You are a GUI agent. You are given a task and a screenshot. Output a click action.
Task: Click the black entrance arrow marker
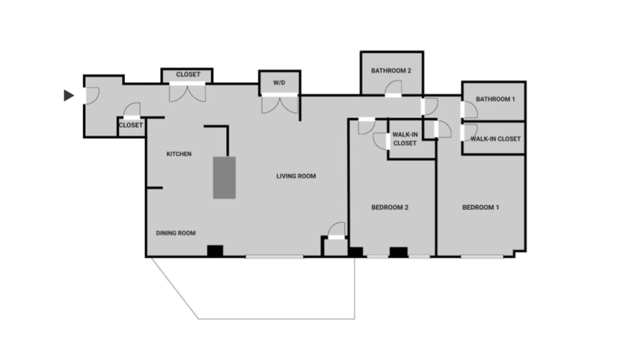click(x=69, y=96)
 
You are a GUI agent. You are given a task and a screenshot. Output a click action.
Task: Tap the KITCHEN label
click(x=179, y=154)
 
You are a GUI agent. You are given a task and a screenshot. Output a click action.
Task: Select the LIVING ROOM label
click(x=296, y=176)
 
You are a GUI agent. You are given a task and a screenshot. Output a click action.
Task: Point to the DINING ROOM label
click(x=176, y=233)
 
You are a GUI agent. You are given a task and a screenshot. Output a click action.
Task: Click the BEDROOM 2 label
click(x=389, y=207)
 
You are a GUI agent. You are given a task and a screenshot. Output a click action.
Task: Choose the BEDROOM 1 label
click(x=480, y=207)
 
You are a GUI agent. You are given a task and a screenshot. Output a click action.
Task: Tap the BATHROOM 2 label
click(x=391, y=71)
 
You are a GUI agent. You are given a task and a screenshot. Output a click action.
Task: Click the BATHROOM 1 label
click(x=495, y=99)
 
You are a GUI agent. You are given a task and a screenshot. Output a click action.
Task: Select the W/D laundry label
click(x=279, y=83)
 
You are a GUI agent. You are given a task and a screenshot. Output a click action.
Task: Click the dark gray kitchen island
click(x=224, y=177)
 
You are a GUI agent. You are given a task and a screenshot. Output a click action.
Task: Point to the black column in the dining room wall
click(x=215, y=251)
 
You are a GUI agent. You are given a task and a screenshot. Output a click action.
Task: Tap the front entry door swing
click(x=92, y=96)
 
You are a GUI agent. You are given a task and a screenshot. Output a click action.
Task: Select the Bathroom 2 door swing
click(x=393, y=88)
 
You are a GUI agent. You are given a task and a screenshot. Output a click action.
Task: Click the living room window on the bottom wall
click(x=274, y=256)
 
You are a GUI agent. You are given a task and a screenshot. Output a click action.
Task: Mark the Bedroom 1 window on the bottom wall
click(x=482, y=256)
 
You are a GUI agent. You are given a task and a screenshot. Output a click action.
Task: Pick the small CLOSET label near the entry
click(x=131, y=125)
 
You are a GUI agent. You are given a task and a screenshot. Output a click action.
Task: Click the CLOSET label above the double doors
click(x=188, y=75)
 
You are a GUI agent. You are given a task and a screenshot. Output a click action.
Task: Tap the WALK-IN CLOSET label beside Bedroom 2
click(x=405, y=139)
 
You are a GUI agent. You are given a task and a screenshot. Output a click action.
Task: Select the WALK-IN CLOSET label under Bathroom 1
click(x=495, y=139)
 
